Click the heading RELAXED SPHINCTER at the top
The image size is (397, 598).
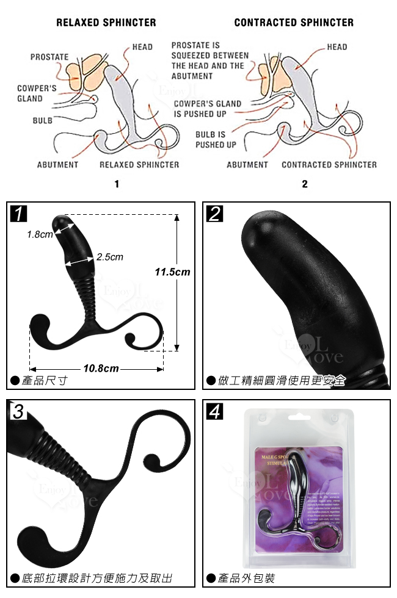click(106, 23)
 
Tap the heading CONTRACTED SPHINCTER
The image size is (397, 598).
click(294, 23)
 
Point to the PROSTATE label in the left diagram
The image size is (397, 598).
click(49, 57)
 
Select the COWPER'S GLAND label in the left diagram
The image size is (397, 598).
click(37, 93)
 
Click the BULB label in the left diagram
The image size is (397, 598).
click(42, 120)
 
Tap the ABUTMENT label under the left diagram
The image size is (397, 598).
click(57, 164)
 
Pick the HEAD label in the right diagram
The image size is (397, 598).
click(337, 47)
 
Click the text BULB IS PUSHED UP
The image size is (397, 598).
click(216, 140)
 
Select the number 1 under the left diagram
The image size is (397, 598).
click(117, 184)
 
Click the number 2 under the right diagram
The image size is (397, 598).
click(305, 184)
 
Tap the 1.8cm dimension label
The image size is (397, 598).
click(40, 234)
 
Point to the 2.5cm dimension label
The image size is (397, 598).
click(110, 257)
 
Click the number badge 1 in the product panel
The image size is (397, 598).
click(19, 214)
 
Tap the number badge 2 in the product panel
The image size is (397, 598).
click(215, 214)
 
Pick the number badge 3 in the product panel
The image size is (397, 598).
click(18, 411)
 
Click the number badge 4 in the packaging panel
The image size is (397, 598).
click(215, 411)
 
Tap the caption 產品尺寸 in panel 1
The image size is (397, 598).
click(44, 381)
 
